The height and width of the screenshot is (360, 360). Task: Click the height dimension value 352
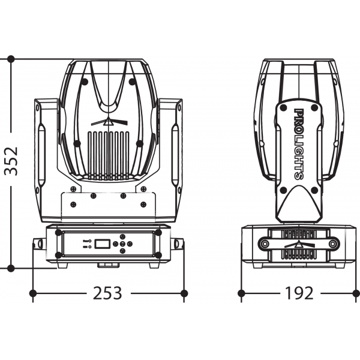11,160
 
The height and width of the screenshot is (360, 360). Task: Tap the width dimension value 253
107,293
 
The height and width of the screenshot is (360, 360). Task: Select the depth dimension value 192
299,293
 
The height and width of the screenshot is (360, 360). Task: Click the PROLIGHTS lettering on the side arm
299,144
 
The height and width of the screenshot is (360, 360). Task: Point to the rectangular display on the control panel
103,244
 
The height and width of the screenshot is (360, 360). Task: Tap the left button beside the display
115,244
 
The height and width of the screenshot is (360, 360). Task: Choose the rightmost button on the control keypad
130,244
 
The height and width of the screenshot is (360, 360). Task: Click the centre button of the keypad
123,244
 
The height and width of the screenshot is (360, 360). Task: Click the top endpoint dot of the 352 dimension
11,59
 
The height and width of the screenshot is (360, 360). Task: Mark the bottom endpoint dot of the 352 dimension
11,268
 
